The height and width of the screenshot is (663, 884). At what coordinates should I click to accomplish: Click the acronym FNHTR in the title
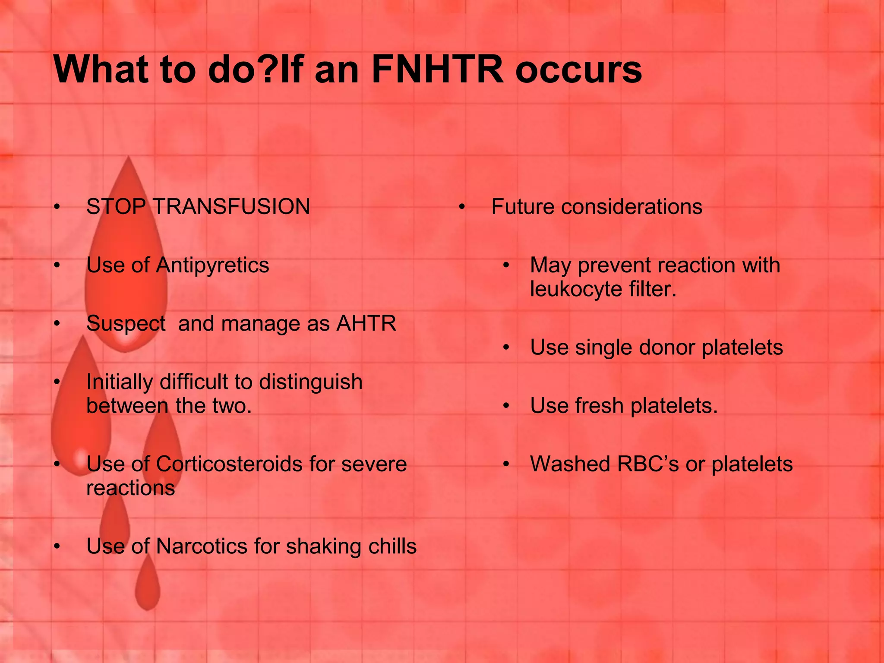(x=437, y=70)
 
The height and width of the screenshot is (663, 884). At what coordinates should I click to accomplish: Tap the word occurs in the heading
(x=578, y=70)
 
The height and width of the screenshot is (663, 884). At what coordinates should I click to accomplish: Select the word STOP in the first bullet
(x=116, y=207)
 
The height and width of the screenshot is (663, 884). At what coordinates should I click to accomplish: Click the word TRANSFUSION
(x=231, y=207)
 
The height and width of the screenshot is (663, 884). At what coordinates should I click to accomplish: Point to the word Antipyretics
(x=212, y=265)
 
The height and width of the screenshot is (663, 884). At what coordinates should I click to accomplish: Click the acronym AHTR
(x=366, y=324)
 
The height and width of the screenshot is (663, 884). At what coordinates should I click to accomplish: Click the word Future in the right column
(x=523, y=207)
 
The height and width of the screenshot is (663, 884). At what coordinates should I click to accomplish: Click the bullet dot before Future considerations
(x=462, y=208)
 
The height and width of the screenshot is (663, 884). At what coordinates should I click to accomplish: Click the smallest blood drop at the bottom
(x=148, y=583)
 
